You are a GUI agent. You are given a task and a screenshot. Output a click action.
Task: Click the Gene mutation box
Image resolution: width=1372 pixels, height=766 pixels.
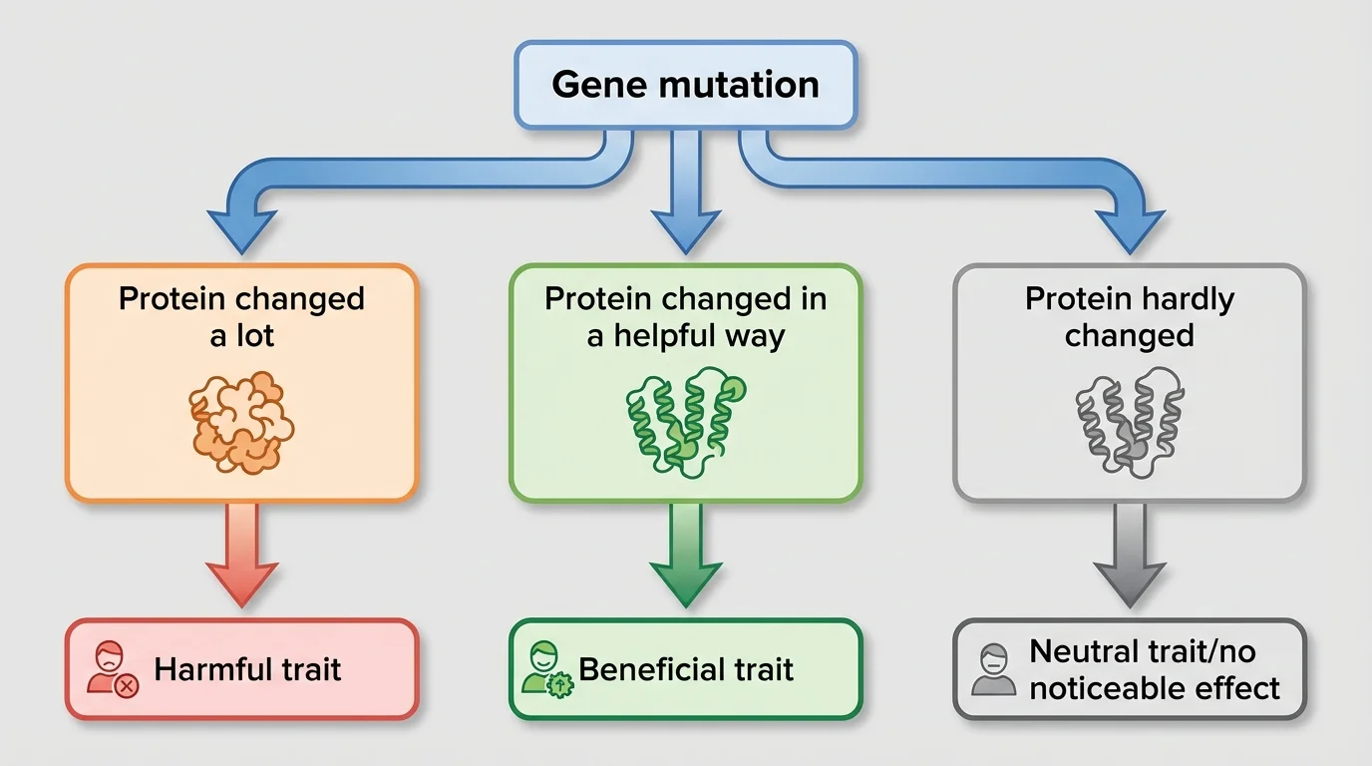point(685,85)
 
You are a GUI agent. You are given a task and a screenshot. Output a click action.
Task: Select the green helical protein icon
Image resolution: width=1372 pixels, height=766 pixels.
point(685,421)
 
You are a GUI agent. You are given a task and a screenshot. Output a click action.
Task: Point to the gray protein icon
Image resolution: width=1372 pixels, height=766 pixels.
point(1129,421)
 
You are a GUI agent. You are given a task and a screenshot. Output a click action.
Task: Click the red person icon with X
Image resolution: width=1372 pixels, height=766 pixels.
point(111,669)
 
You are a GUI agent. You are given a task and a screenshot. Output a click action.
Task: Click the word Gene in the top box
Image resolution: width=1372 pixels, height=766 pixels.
point(593,85)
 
